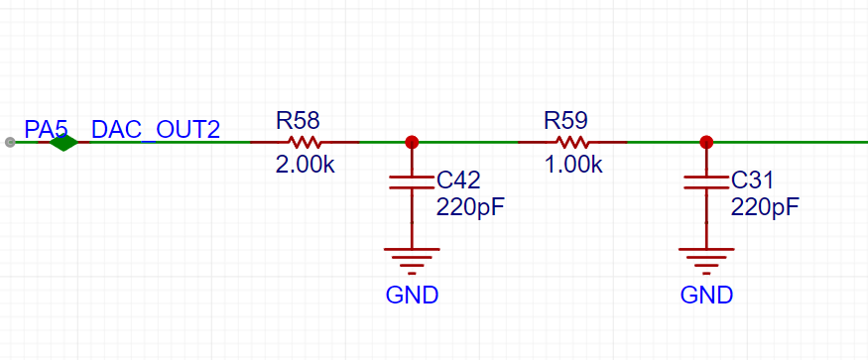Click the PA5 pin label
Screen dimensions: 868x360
click(x=46, y=130)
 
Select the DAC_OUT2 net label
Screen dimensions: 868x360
click(x=156, y=130)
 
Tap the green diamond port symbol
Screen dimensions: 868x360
click(x=63, y=143)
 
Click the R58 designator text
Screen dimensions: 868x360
click(x=298, y=120)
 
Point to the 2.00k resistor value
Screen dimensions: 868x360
click(x=305, y=165)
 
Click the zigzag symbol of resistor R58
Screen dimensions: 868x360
click(x=305, y=143)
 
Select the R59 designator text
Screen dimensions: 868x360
click(x=565, y=120)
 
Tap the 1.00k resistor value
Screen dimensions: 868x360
click(x=573, y=165)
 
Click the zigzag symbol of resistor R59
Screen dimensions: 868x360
click(x=572, y=143)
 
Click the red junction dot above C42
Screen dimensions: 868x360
click(x=412, y=143)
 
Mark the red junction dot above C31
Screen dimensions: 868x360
click(x=705, y=143)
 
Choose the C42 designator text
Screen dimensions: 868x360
click(x=458, y=180)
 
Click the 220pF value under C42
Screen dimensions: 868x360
click(x=470, y=207)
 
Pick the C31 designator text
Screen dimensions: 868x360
click(x=752, y=180)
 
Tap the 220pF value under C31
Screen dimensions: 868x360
click(x=765, y=207)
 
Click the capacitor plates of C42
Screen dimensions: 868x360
click(x=412, y=182)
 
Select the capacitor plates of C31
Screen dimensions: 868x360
click(x=705, y=182)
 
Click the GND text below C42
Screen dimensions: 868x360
click(x=412, y=296)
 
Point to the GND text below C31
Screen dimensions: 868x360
click(x=706, y=296)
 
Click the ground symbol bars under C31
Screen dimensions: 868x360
click(x=705, y=261)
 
